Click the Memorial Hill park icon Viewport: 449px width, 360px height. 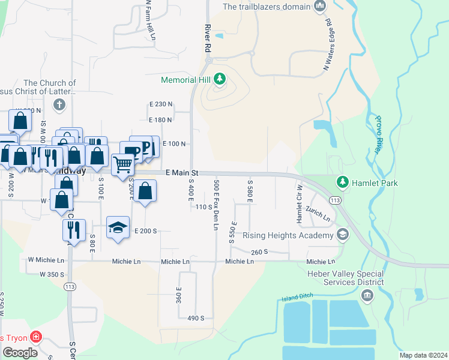click(220, 79)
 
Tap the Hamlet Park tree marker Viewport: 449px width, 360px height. click(343, 181)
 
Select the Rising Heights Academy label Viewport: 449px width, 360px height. click(288, 235)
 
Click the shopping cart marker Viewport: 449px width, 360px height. click(122, 163)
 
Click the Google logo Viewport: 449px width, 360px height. click(20, 353)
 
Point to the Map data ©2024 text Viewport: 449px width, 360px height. click(423, 355)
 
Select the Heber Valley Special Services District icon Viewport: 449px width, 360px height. click(367, 295)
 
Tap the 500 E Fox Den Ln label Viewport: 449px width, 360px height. click(215, 204)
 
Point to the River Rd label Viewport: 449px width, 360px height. click(208, 37)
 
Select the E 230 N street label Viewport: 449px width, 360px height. click(160, 104)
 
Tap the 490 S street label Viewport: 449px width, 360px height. click(196, 318)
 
